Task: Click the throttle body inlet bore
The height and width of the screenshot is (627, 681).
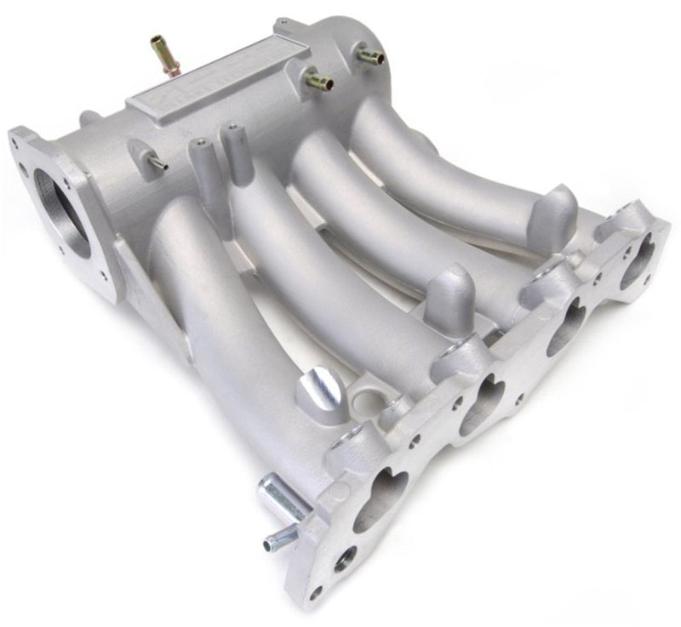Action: pos(60,214)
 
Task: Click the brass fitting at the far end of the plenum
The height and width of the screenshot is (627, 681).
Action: pos(369,56)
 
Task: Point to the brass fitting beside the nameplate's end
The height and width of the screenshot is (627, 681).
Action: pos(318,82)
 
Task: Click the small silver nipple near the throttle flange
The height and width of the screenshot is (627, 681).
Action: pos(156,162)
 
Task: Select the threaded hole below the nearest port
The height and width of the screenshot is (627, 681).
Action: pos(346,559)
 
